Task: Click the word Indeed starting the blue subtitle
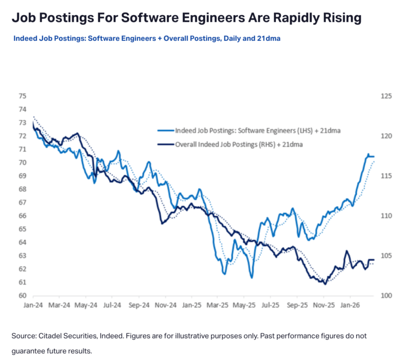tap(26, 38)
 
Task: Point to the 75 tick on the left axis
tap(22, 96)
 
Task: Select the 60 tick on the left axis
tap(22, 295)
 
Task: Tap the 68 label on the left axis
tap(22, 189)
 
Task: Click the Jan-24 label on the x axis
tap(33, 304)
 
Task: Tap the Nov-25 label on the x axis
tap(324, 304)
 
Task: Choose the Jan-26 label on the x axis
tap(350, 304)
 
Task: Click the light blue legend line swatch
tap(165, 131)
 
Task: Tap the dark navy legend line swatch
tap(165, 143)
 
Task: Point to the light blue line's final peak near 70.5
tap(368, 154)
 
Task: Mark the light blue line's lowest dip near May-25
tap(251, 277)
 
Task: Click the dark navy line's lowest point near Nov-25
tap(325, 284)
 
